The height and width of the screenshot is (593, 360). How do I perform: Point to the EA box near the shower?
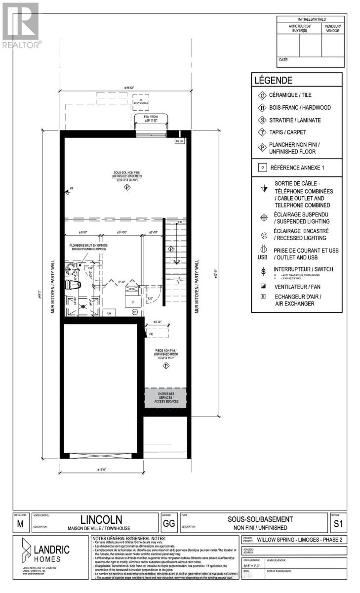pos(108,313)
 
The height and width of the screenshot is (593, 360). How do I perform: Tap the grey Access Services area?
pos(166,398)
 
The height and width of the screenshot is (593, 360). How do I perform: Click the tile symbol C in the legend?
pos(262,95)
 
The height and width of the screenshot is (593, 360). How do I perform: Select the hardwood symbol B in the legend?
pos(262,107)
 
